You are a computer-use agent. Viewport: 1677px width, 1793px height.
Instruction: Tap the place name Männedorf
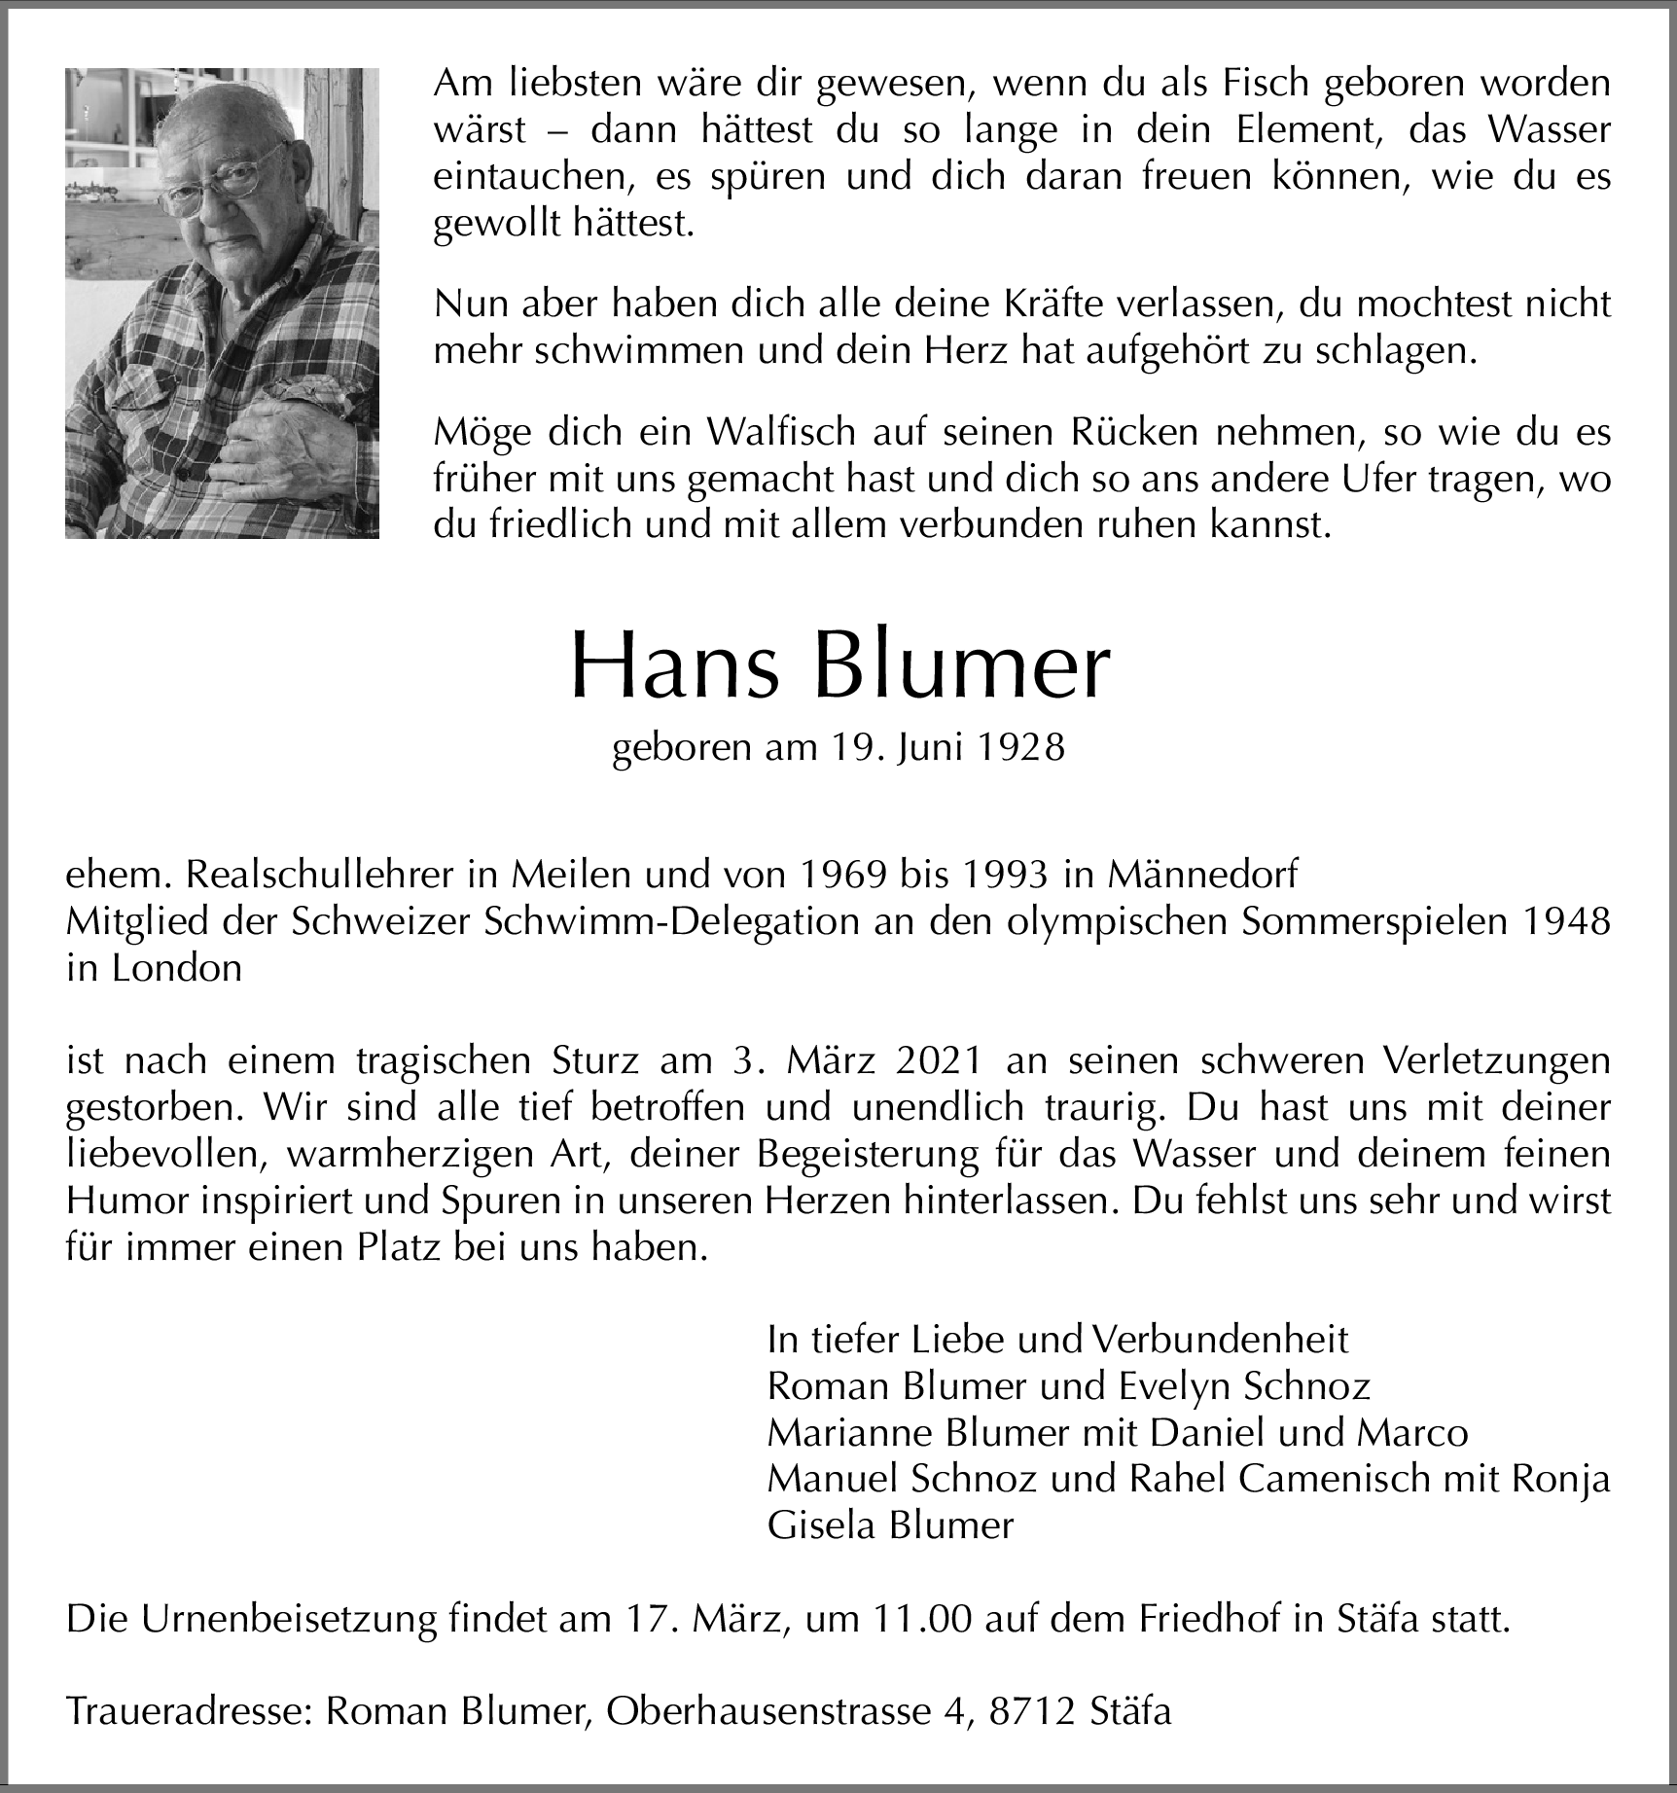tap(1200, 876)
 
